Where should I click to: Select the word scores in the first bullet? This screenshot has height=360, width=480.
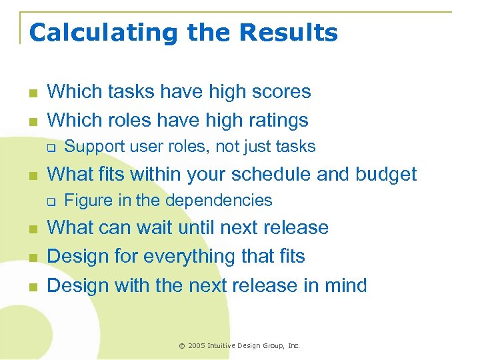pos(281,91)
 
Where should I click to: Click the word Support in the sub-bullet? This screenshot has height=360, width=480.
pos(92,147)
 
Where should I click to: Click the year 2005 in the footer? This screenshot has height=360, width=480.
pos(197,345)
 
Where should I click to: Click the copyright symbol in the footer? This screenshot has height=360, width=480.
pos(182,345)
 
